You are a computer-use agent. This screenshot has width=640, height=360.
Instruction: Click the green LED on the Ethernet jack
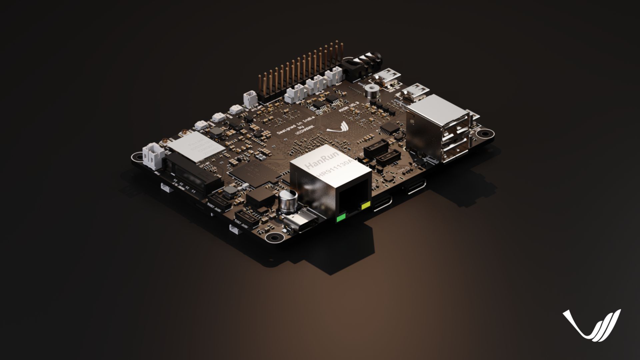(341, 219)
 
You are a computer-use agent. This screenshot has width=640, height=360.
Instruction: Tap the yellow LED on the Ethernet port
(366, 205)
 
